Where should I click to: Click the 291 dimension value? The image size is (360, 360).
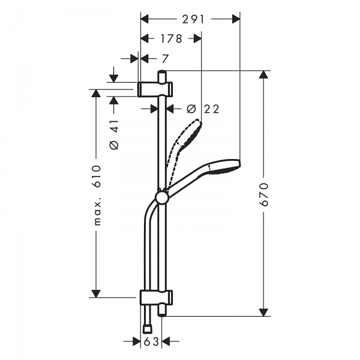click(x=190, y=19)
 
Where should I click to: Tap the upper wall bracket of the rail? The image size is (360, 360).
click(x=156, y=89)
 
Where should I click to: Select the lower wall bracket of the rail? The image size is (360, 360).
click(x=156, y=297)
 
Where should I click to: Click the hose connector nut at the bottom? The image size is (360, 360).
click(x=148, y=328)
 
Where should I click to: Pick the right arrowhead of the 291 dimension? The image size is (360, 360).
click(x=236, y=19)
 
